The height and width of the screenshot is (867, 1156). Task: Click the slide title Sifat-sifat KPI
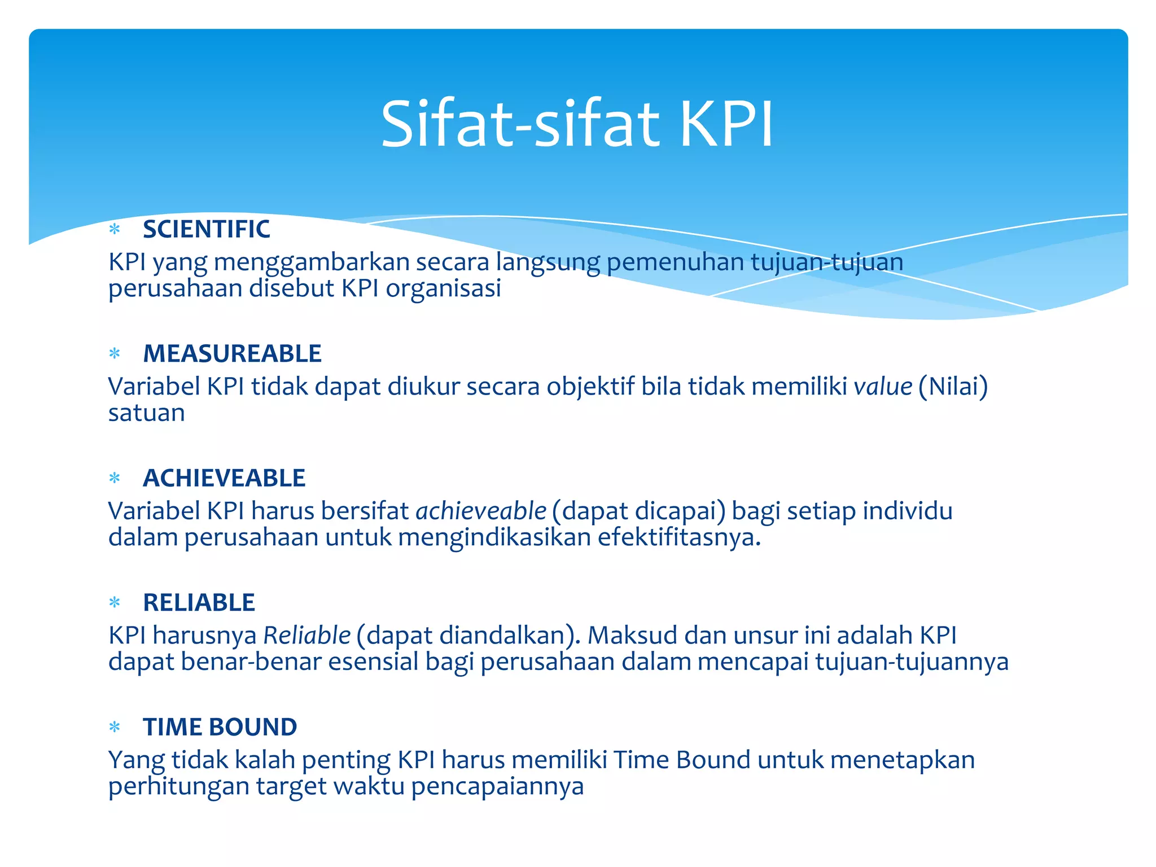pyautogui.click(x=577, y=124)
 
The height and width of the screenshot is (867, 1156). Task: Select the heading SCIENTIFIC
pyautogui.click(x=206, y=229)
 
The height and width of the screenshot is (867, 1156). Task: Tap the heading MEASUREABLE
pyautogui.click(x=232, y=354)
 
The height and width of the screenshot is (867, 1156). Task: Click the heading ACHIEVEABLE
pyautogui.click(x=224, y=478)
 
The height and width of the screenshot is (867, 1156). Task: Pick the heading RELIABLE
pyautogui.click(x=199, y=603)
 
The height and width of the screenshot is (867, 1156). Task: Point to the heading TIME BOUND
pyautogui.click(x=220, y=727)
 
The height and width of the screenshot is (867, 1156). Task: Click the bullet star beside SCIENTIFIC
pyautogui.click(x=115, y=230)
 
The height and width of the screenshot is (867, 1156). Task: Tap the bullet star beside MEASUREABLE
pyautogui.click(x=115, y=354)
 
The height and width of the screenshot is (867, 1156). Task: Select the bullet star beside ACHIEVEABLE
pyautogui.click(x=115, y=479)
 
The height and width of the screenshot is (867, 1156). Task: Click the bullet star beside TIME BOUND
pyautogui.click(x=115, y=728)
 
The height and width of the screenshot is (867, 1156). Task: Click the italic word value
pyautogui.click(x=883, y=387)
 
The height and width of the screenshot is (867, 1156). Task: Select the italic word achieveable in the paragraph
pyautogui.click(x=481, y=511)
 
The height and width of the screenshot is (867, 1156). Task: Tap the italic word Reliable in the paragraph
pyautogui.click(x=307, y=636)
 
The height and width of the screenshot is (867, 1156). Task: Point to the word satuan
pyautogui.click(x=146, y=413)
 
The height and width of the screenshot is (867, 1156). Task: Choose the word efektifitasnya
pyautogui.click(x=679, y=537)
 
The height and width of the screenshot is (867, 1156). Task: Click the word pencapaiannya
pyautogui.click(x=497, y=786)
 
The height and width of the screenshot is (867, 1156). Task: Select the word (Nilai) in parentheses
pyautogui.click(x=953, y=387)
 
